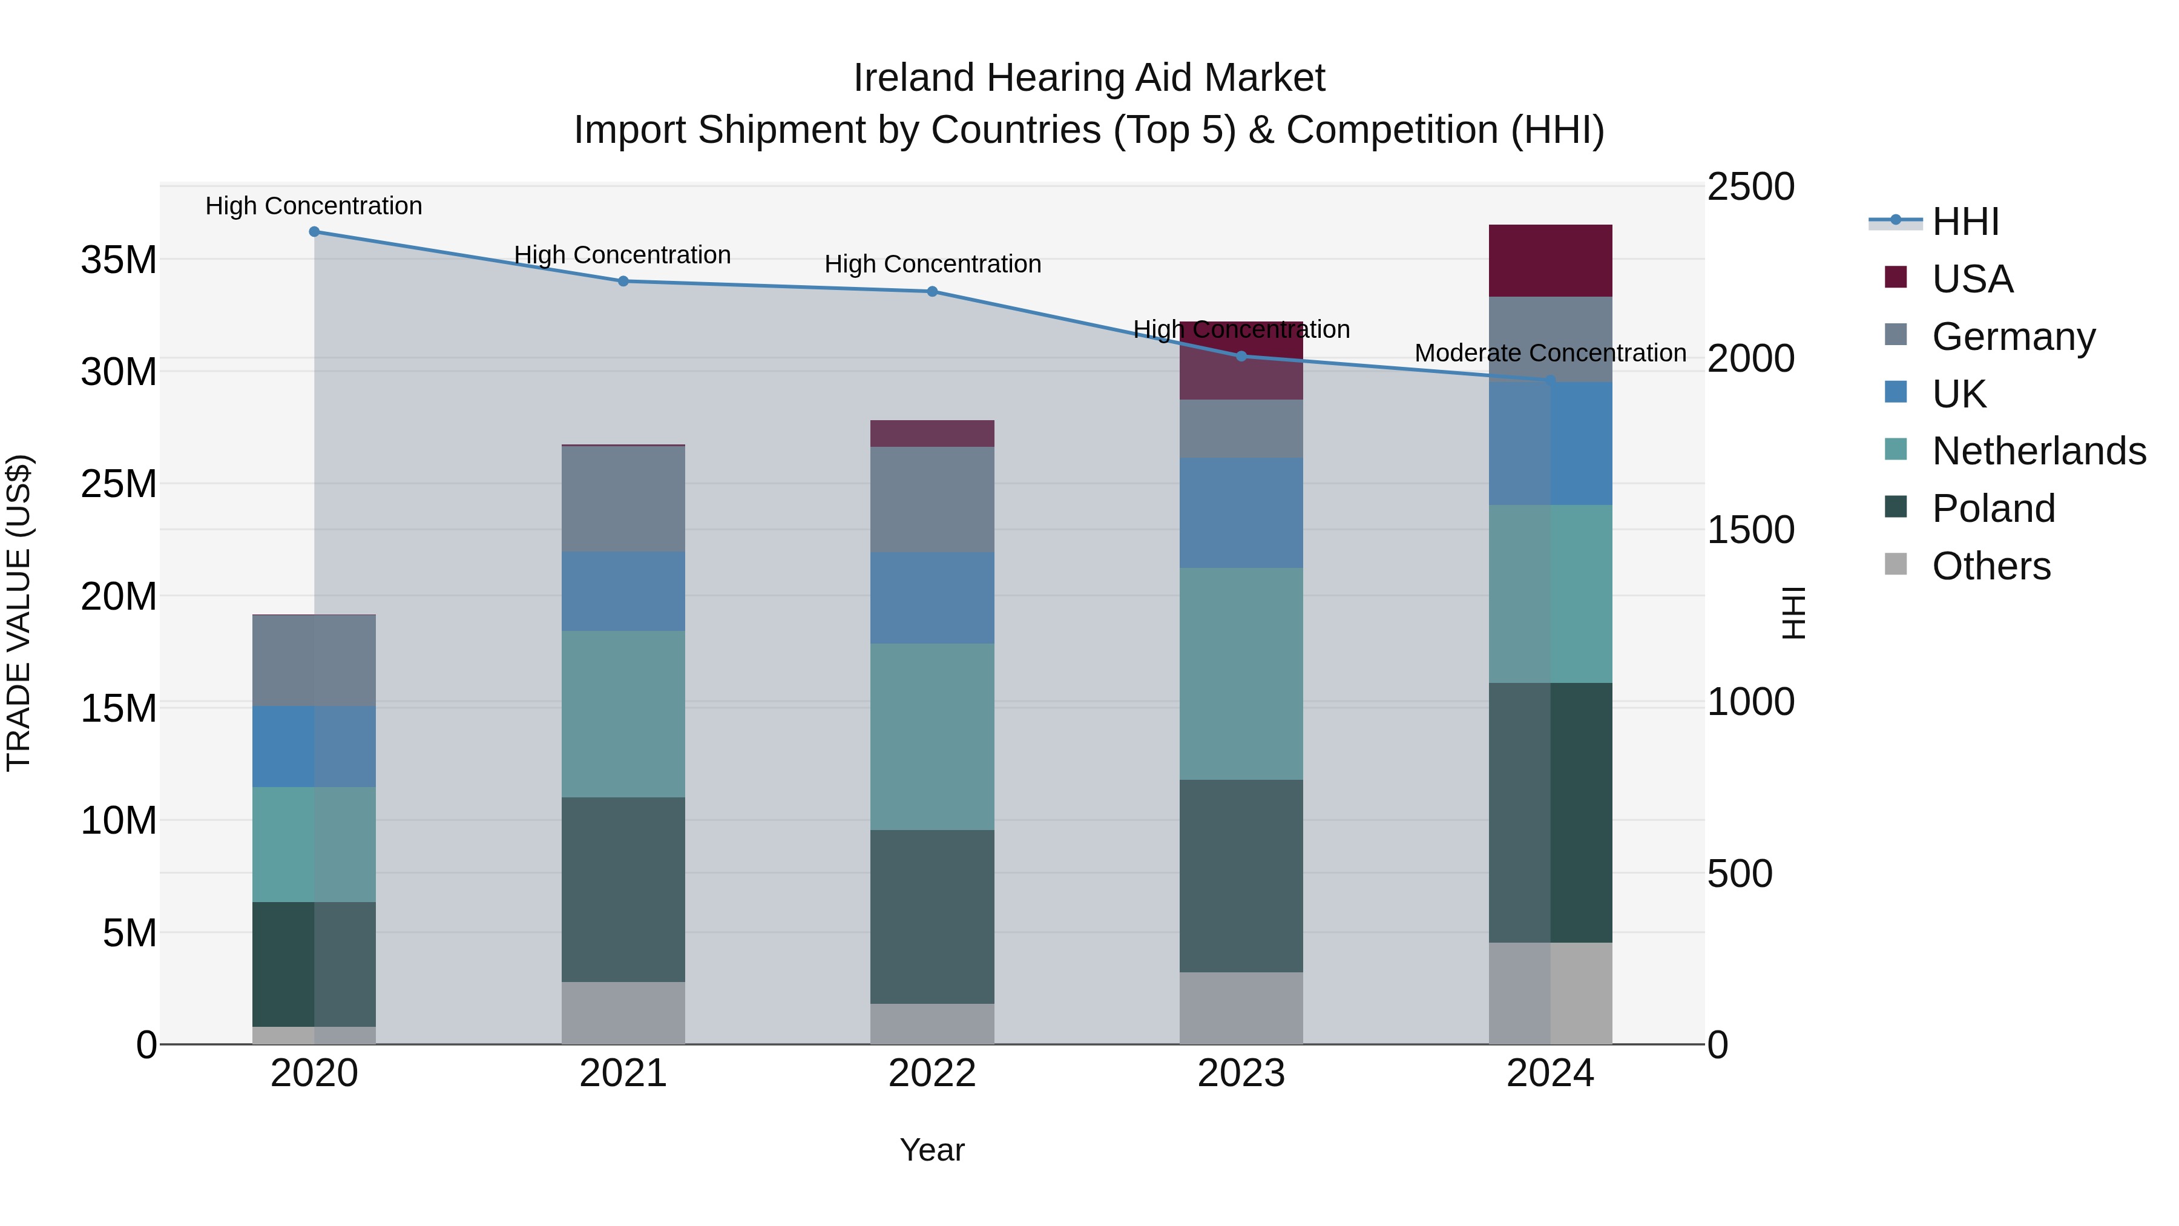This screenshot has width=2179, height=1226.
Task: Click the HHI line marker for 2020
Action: [314, 232]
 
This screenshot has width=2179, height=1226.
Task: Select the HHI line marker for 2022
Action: [932, 292]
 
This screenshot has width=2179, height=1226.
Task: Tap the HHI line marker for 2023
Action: [1241, 356]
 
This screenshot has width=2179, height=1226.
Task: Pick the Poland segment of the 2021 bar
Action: [623, 889]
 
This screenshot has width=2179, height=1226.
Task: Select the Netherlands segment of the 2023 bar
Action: [1241, 673]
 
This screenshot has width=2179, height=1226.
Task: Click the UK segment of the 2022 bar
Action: [932, 598]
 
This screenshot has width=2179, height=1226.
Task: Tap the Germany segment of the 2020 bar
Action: [314, 661]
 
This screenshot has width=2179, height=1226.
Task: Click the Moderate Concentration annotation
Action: [1550, 353]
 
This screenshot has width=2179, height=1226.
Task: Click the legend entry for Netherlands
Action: [2039, 451]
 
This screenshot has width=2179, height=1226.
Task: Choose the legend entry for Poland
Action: [1993, 509]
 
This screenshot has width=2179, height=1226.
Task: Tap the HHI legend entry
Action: [1964, 222]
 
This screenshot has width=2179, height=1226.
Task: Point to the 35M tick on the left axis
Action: [119, 260]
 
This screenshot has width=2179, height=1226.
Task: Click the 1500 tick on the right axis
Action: [1750, 530]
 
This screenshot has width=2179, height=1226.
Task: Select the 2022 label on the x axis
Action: [932, 1073]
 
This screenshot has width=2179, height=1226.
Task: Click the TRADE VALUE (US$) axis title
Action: [19, 613]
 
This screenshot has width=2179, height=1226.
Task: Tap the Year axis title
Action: [932, 1150]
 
